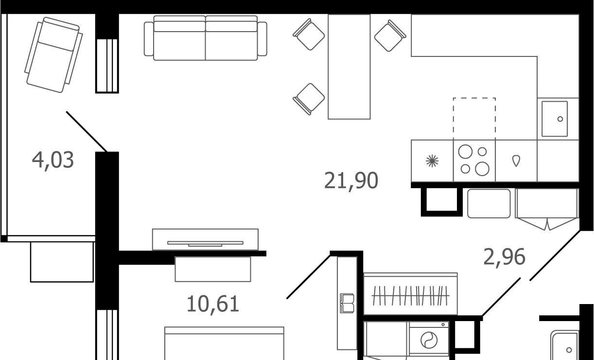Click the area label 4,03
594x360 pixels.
point(53,161)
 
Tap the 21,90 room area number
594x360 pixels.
point(351,181)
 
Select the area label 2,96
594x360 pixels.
point(504,257)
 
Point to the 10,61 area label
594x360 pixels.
point(213,305)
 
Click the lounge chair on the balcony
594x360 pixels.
point(53,55)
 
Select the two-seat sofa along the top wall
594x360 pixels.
point(206,38)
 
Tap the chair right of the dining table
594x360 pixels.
point(390,36)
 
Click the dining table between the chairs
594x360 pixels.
point(349,67)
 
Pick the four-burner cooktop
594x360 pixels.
point(474,161)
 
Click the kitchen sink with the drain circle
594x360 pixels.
point(555,119)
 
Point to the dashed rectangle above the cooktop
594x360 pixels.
point(474,119)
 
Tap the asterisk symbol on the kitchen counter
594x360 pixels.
point(432,161)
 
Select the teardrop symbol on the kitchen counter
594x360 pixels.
point(516,161)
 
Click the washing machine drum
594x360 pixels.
point(429,340)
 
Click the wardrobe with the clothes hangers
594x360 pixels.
point(410,294)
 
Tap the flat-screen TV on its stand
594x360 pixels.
point(205,243)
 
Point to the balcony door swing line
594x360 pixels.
point(87,132)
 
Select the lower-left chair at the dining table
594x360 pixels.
point(309,99)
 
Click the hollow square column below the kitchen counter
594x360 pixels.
point(442,201)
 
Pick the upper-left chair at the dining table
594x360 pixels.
point(309,35)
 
